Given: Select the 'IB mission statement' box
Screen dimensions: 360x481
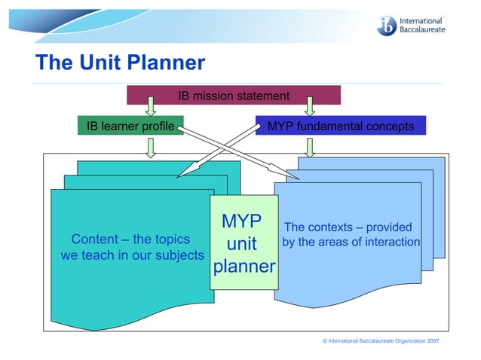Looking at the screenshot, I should [233, 96].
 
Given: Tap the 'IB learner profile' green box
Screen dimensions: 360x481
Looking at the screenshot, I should [130, 126].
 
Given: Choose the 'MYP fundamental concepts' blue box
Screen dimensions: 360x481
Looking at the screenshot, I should [340, 126].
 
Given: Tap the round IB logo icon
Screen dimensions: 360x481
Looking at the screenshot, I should [388, 26].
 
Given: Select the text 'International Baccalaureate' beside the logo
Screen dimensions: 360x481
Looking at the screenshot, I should [422, 26].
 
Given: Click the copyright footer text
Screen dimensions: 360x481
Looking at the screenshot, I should [381, 341].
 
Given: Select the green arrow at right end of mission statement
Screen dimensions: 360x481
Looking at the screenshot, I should [310, 105].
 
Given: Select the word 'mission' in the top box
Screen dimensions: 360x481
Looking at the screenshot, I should [213, 96].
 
